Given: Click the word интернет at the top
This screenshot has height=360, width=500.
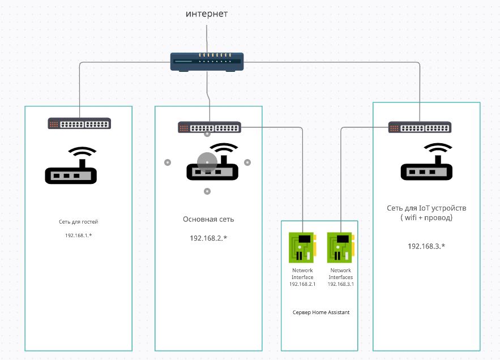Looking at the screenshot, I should [207, 14].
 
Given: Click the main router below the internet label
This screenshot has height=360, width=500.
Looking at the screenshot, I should [207, 61].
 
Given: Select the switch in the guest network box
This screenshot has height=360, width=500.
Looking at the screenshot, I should [79, 124].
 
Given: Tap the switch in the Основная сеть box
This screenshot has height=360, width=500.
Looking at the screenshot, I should [210, 128].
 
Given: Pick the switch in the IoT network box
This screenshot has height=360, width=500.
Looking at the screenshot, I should [420, 127].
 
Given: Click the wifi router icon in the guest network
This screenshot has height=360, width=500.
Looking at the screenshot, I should [71, 166].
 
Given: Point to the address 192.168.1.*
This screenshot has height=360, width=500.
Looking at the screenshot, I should [78, 234].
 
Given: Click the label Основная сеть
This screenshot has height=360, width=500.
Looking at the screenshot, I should [208, 219].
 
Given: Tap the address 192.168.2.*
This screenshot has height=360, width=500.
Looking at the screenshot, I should [208, 238].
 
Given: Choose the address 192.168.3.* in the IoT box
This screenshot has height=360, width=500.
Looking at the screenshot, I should [426, 246].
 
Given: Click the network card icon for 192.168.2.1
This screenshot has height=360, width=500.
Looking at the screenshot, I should [302, 247].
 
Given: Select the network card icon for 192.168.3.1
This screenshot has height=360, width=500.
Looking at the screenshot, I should [340, 247].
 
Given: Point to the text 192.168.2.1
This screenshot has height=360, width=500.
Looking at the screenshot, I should [302, 284].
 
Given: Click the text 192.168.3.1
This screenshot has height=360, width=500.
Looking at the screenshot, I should [341, 284].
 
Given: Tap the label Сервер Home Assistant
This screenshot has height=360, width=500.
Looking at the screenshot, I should [321, 312].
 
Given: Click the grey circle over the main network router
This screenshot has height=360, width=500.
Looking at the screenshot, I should [207, 163].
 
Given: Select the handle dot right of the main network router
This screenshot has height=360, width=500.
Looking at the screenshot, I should [247, 162].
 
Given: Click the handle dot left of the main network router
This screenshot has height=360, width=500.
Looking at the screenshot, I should [167, 162].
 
